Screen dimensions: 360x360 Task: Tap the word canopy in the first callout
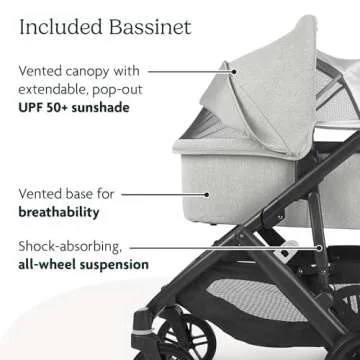tap(93, 72)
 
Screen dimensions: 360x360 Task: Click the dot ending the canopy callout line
tap(233, 71)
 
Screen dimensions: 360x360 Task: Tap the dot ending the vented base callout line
tap(207, 195)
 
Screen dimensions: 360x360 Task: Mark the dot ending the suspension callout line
tap(321, 246)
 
